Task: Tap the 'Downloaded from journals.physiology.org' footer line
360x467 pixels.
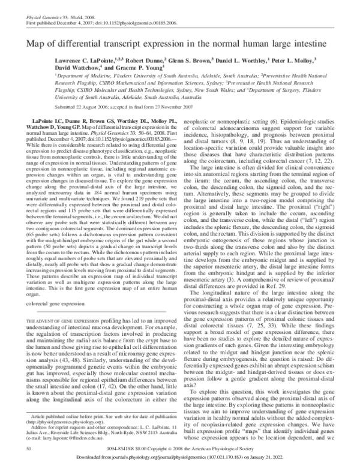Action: click(x=179, y=460)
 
